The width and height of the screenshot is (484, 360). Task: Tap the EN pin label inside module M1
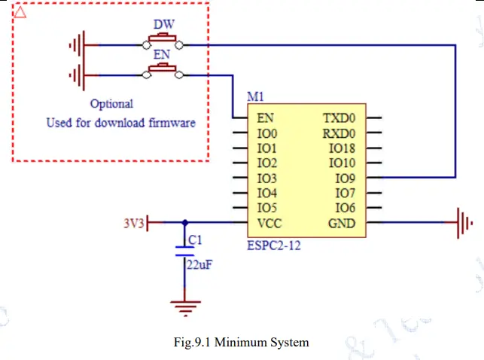point(265,118)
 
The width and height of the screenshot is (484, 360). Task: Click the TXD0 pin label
point(339,118)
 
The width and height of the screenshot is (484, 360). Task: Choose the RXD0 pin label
point(339,133)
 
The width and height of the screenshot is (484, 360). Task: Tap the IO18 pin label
point(342,148)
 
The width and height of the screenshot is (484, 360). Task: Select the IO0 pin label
point(267,133)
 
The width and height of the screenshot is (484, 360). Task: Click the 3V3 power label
point(134,223)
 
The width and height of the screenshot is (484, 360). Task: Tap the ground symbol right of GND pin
point(464,223)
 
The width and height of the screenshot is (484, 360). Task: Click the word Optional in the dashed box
point(111,104)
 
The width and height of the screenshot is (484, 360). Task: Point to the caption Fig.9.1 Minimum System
point(241,342)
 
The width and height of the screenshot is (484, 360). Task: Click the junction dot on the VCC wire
point(185,223)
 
